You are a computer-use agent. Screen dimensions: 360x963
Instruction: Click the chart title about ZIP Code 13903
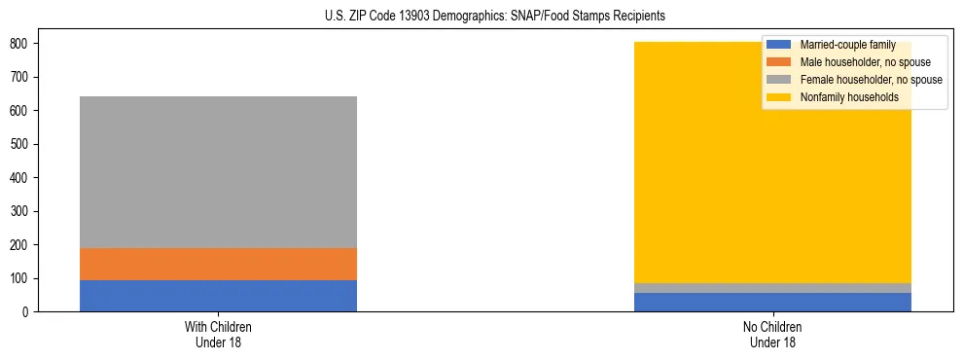pyautogui.click(x=495, y=17)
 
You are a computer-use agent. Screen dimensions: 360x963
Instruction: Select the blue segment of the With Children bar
pyautogui.click(x=218, y=296)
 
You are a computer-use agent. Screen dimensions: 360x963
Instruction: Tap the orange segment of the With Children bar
pyautogui.click(x=218, y=264)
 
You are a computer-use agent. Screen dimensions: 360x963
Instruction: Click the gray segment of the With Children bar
pyautogui.click(x=218, y=172)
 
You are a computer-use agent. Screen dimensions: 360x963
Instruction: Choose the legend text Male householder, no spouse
pyautogui.click(x=865, y=62)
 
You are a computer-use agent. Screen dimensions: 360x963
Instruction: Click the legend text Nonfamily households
pyautogui.click(x=849, y=97)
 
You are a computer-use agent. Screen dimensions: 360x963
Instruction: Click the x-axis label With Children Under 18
pyautogui.click(x=218, y=334)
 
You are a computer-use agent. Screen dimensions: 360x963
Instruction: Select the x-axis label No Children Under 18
pyautogui.click(x=772, y=334)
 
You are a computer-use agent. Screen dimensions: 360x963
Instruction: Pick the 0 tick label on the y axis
pyautogui.click(x=26, y=312)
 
